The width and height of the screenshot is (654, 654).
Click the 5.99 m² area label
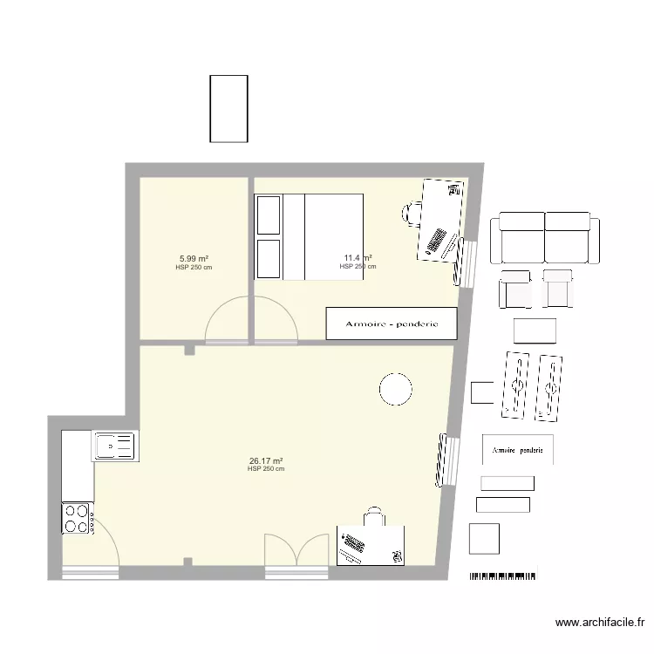194,259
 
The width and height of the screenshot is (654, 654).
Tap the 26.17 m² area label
266,461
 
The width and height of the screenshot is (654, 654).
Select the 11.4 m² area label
358,258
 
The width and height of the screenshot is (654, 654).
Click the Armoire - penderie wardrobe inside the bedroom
392,324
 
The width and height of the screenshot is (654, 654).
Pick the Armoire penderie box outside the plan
518,450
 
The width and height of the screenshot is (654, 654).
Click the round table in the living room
395,388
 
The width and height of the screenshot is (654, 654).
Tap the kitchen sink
113,446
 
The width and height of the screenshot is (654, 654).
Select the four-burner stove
78,518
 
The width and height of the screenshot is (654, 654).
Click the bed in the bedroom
309,237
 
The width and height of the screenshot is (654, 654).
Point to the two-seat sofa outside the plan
546,238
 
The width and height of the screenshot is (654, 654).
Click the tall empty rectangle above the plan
228,108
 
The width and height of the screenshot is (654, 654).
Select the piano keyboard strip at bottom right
504,576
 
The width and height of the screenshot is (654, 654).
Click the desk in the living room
371,545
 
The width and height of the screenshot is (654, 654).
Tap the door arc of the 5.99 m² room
227,320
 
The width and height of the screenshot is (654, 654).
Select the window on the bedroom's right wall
466,262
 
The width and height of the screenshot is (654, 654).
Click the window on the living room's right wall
446,460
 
